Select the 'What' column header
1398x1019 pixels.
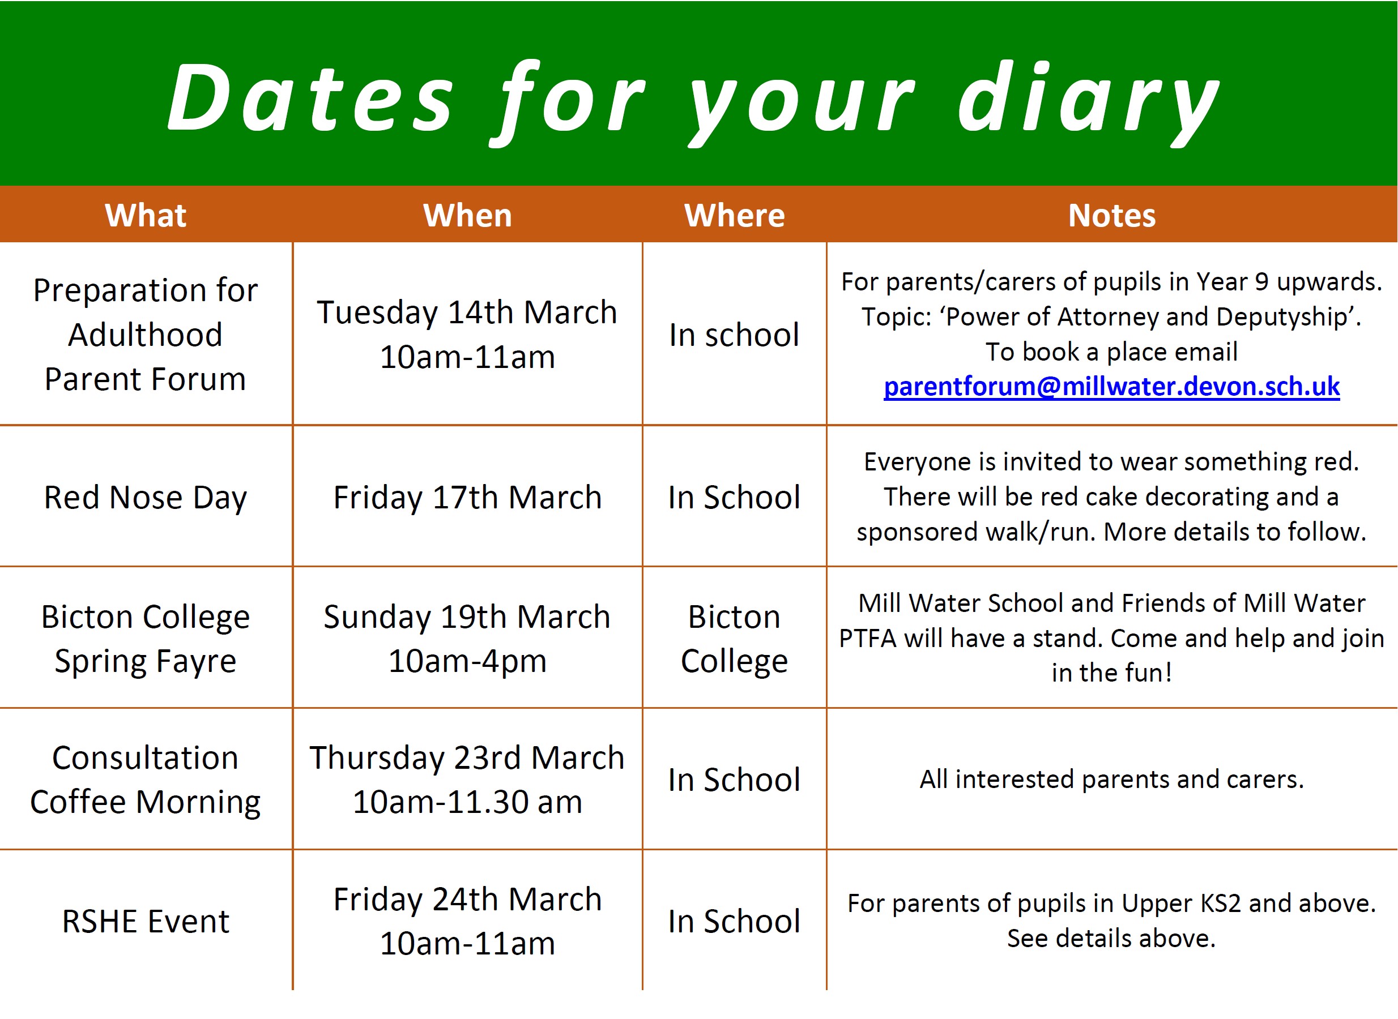[x=146, y=215]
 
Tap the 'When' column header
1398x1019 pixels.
[x=467, y=215]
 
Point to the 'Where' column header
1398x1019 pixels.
[x=735, y=215]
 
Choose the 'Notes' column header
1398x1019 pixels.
[x=1111, y=215]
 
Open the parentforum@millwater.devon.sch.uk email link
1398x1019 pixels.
[x=1111, y=386]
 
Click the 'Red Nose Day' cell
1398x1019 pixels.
[x=146, y=498]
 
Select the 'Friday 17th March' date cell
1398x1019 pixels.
[x=467, y=498]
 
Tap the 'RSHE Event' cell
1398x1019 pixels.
[x=146, y=922]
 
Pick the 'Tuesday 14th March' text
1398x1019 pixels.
[x=467, y=312]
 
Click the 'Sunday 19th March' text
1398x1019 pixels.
[x=467, y=617]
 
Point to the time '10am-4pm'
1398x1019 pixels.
[x=467, y=661]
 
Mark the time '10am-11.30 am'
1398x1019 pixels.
[x=467, y=802]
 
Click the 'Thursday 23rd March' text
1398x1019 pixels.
[x=467, y=758]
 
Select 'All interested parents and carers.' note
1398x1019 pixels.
[x=1111, y=780]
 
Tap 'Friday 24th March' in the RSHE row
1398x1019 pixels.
[x=467, y=900]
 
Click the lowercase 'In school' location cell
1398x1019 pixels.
[x=735, y=335]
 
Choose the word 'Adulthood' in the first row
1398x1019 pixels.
[x=146, y=335]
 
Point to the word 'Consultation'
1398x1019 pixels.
[x=146, y=758]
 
